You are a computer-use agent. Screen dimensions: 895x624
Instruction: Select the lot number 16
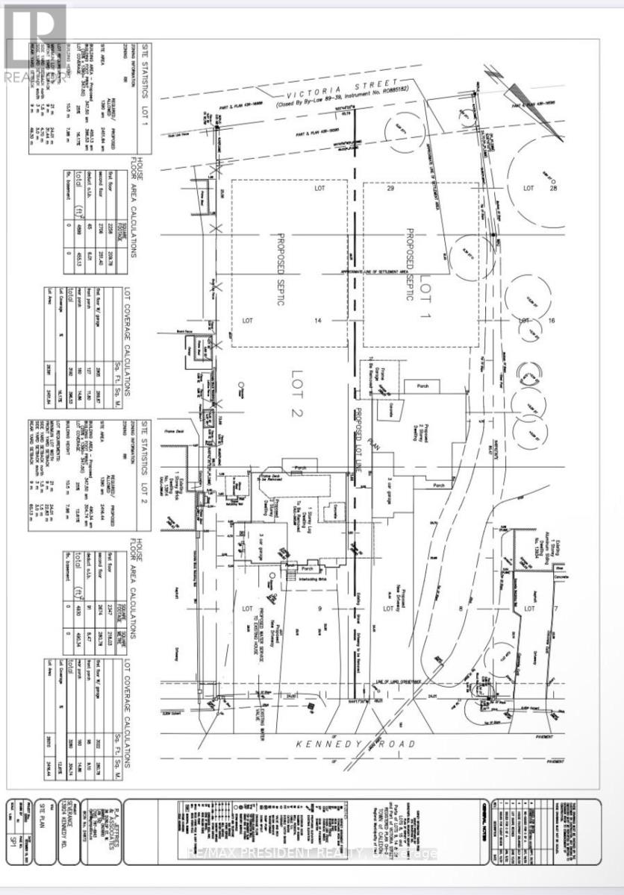pos(552,320)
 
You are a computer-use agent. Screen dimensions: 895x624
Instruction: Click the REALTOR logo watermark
pos(34,37)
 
